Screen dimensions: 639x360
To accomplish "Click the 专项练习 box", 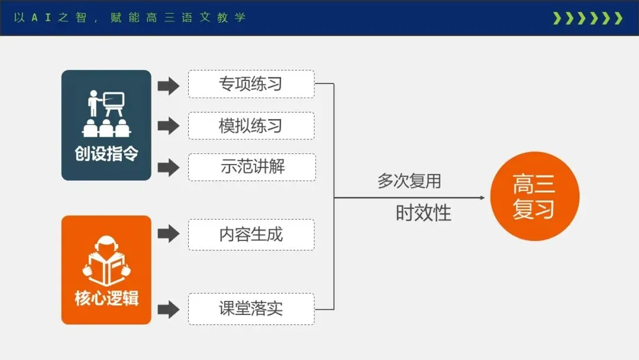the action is pyautogui.click(x=251, y=84).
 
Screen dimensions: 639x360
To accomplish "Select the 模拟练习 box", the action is pyautogui.click(x=251, y=126).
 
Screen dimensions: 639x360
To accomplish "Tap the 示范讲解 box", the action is pyautogui.click(x=252, y=167).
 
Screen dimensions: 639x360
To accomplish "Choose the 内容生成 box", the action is pyautogui.click(x=251, y=234).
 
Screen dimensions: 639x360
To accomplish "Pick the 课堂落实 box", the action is pyautogui.click(x=251, y=308).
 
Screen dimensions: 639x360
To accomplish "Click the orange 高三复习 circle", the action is pyautogui.click(x=534, y=197).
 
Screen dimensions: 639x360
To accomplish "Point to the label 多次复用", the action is pyautogui.click(x=409, y=181).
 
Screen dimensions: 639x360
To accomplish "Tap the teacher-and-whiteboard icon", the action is pyautogui.click(x=106, y=114).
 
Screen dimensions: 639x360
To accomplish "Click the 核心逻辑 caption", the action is pyautogui.click(x=106, y=298).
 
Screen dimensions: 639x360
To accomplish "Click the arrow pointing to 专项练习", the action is pyautogui.click(x=169, y=86).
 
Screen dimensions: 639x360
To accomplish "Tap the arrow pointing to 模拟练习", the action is pyautogui.click(x=169, y=126).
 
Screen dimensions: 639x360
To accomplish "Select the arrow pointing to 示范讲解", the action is pyautogui.click(x=169, y=167).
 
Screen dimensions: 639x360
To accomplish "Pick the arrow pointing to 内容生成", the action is pyautogui.click(x=169, y=234).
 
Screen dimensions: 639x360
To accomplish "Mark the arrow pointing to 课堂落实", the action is pyautogui.click(x=169, y=308).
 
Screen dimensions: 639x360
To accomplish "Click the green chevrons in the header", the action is pyautogui.click(x=587, y=18).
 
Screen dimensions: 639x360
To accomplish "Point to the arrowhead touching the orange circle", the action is pyautogui.click(x=485, y=197).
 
